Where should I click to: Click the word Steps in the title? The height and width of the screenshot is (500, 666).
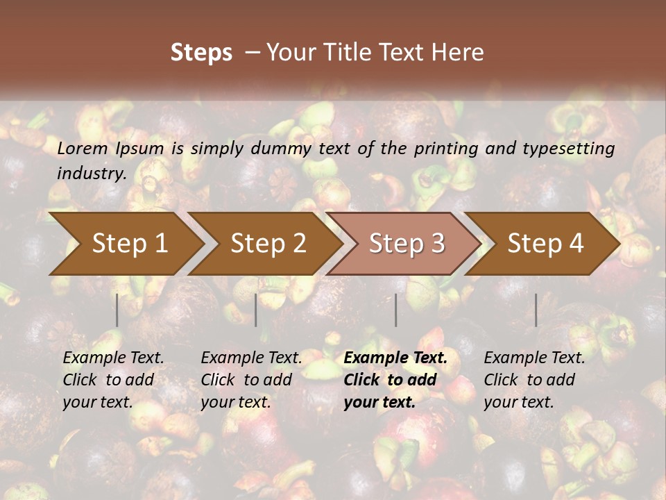(x=201, y=53)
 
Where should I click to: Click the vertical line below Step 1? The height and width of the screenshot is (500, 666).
(x=117, y=310)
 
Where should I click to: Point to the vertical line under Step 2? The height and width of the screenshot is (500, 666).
(x=256, y=310)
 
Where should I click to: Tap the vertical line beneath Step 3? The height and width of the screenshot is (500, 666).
(x=396, y=310)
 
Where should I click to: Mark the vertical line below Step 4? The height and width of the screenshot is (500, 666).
(x=536, y=310)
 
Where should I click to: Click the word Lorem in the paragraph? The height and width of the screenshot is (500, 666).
(x=83, y=148)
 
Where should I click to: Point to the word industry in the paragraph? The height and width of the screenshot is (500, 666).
(x=91, y=174)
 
